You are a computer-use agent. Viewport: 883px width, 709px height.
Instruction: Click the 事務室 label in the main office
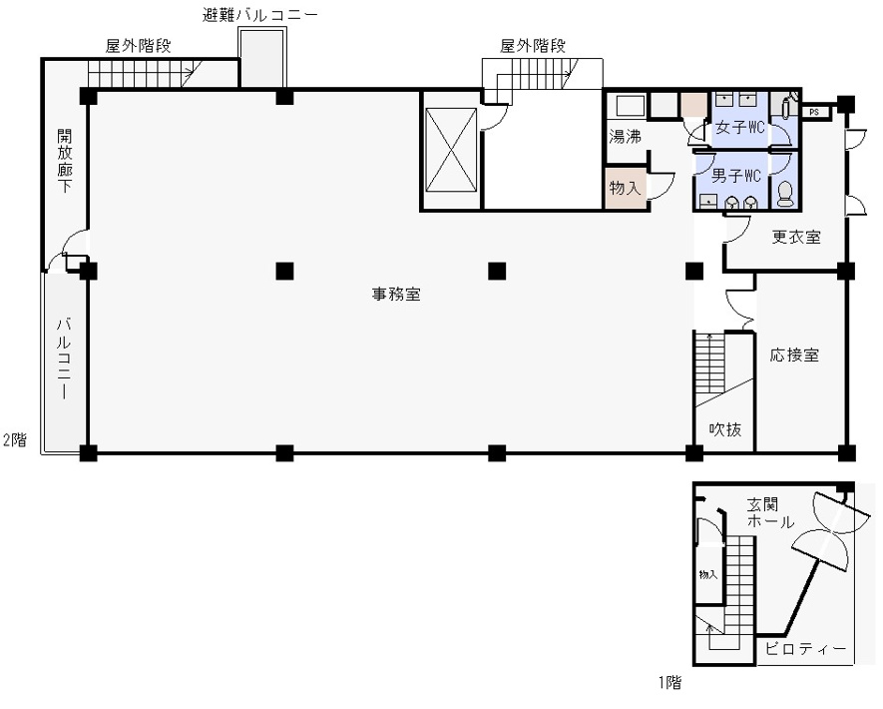pyautogui.click(x=396, y=294)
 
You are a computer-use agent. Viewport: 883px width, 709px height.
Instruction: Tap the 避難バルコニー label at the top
pyautogui.click(x=260, y=15)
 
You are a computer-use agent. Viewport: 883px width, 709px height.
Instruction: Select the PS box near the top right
pyautogui.click(x=814, y=112)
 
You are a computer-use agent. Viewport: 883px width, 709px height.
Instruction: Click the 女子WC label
pyautogui.click(x=739, y=128)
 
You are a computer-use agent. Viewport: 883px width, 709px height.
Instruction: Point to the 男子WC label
pyautogui.click(x=736, y=176)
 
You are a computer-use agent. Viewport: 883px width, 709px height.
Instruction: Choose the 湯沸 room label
pyautogui.click(x=625, y=137)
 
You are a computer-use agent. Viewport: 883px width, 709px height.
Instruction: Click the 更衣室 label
pyautogui.click(x=796, y=237)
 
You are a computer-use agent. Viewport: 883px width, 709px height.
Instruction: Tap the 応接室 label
pyautogui.click(x=794, y=355)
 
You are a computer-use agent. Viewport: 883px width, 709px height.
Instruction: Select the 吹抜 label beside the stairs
pyautogui.click(x=724, y=429)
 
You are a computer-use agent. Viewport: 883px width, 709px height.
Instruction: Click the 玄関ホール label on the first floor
pyautogui.click(x=770, y=512)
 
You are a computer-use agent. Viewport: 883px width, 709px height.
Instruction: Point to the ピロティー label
pyautogui.click(x=805, y=649)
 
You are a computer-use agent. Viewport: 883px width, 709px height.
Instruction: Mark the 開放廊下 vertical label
pyautogui.click(x=64, y=161)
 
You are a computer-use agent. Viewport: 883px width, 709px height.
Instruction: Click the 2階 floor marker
pyautogui.click(x=15, y=439)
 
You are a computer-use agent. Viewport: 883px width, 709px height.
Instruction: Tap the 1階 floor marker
pyautogui.click(x=669, y=682)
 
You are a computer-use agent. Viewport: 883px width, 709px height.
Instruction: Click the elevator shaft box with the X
pyautogui.click(x=451, y=151)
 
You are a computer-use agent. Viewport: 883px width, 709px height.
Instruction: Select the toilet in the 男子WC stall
pyautogui.click(x=784, y=194)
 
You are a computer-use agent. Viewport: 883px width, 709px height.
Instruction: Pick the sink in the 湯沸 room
pyautogui.click(x=631, y=106)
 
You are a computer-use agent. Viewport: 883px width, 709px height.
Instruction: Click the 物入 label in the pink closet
pyautogui.click(x=625, y=187)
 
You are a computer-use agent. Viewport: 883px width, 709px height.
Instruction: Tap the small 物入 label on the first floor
pyautogui.click(x=707, y=574)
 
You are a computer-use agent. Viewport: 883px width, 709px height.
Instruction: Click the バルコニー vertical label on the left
pyautogui.click(x=64, y=358)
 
